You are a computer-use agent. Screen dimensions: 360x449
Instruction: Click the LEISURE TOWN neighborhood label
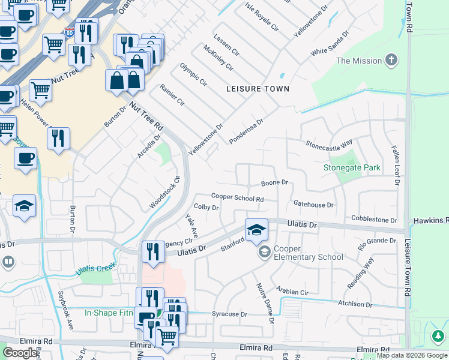pos(258,89)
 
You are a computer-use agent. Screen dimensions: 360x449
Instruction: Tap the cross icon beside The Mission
pos(391,60)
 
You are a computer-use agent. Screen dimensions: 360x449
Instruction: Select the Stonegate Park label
pos(352,168)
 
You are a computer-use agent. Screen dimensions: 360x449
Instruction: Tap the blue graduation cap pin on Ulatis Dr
pos(256,230)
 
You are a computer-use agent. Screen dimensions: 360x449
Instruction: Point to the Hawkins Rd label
pos(430,221)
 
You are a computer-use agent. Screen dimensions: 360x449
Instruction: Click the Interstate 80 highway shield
pos(70,31)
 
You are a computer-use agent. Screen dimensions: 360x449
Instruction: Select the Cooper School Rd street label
pos(237,197)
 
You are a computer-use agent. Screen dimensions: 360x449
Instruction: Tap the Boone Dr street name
pos(274,182)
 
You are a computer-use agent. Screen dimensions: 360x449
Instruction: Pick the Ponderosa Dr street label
pos(246,131)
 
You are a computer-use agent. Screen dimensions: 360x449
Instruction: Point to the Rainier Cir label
pos(172,95)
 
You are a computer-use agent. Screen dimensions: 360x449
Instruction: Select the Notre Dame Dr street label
pos(265,303)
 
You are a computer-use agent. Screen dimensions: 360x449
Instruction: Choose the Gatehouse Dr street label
pos(313,205)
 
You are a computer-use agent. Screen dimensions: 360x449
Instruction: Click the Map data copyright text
pos(412,355)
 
